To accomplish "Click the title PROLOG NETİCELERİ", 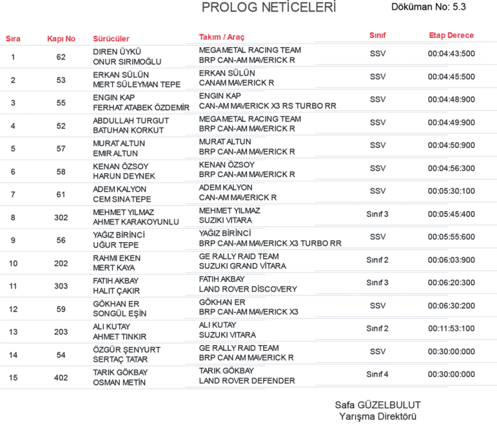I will [268, 8].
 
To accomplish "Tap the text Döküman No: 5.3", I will [429, 7].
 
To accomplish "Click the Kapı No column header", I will [61, 38].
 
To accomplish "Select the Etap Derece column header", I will [451, 35].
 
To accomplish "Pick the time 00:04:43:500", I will [451, 54].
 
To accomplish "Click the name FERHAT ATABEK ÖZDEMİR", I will [141, 107].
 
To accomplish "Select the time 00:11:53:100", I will [451, 328].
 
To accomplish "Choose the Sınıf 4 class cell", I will [377, 374].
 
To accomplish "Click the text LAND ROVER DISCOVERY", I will [248, 289].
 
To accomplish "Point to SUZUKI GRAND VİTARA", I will [243, 266].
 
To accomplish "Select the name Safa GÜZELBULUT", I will [378, 405].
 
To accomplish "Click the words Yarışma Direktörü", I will [378, 417].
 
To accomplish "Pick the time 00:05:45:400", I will [451, 214].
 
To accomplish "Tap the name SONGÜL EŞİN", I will [120, 313].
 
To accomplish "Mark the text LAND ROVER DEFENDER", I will [247, 381].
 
